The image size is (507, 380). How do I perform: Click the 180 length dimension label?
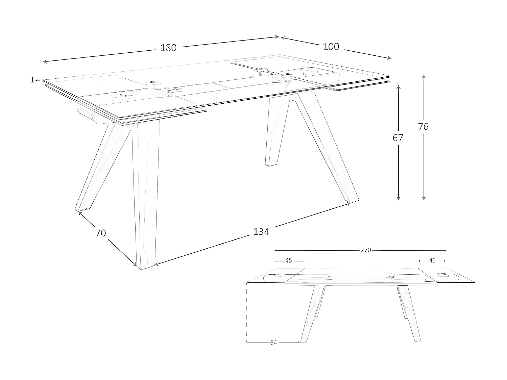coord(168,48)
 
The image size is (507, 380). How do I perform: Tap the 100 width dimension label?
coord(331,47)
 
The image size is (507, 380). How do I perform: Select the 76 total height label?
coord(423,127)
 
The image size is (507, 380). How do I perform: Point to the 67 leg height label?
coord(398,138)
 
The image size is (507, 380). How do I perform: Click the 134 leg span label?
coord(261,232)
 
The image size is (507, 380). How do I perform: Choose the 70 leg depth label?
coord(101,233)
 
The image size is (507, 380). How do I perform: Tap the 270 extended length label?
coord(366,250)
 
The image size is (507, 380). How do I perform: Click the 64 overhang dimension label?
coord(273,343)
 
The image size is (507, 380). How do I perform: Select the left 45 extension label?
coord(289,261)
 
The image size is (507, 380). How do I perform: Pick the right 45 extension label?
coord(432,260)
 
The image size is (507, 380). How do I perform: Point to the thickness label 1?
coord(32,80)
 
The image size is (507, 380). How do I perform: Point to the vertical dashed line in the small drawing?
coord(246,312)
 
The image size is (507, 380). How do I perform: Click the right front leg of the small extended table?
coord(409,314)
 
